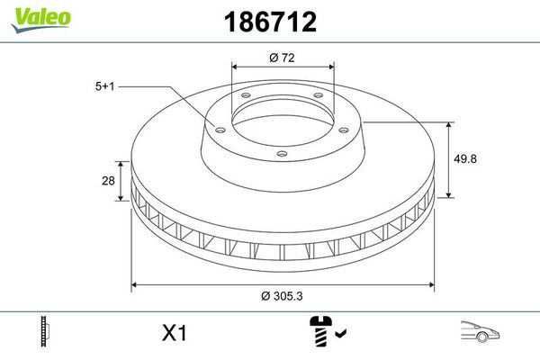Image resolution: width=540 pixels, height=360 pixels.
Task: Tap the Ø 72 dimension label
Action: (283, 58)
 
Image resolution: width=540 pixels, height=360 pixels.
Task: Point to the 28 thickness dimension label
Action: (108, 181)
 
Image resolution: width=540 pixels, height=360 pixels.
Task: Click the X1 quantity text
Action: (174, 333)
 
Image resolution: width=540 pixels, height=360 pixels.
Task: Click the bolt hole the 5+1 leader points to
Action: (216, 126)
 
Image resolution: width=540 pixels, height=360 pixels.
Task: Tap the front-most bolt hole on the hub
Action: (281, 154)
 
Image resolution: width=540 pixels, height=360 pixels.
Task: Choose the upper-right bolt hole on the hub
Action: (319, 99)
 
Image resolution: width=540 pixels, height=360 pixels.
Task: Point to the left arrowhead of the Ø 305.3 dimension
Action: (136, 284)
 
